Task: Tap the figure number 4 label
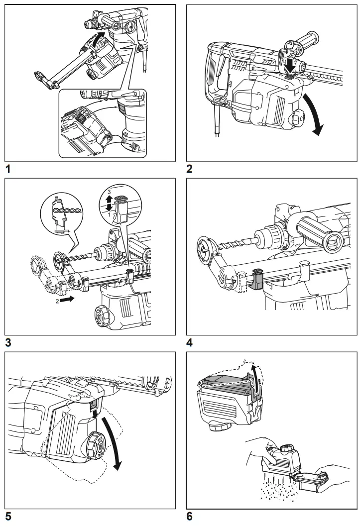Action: [x=190, y=342]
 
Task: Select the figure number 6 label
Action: [x=190, y=517]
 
